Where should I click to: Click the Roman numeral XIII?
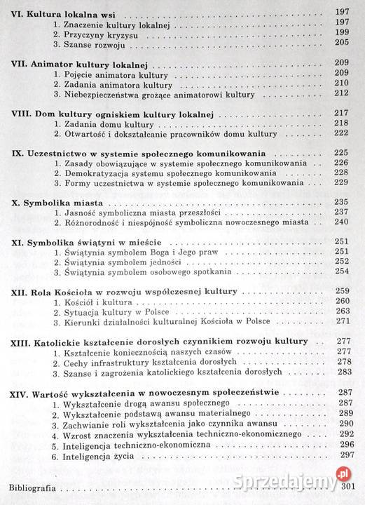[22, 342]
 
